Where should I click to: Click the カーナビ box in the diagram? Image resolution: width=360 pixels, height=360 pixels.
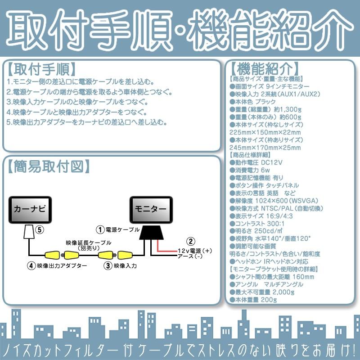point(31,210)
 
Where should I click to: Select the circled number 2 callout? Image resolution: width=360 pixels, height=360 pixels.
point(191,241)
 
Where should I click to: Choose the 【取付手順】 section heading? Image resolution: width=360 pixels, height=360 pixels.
point(40,69)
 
